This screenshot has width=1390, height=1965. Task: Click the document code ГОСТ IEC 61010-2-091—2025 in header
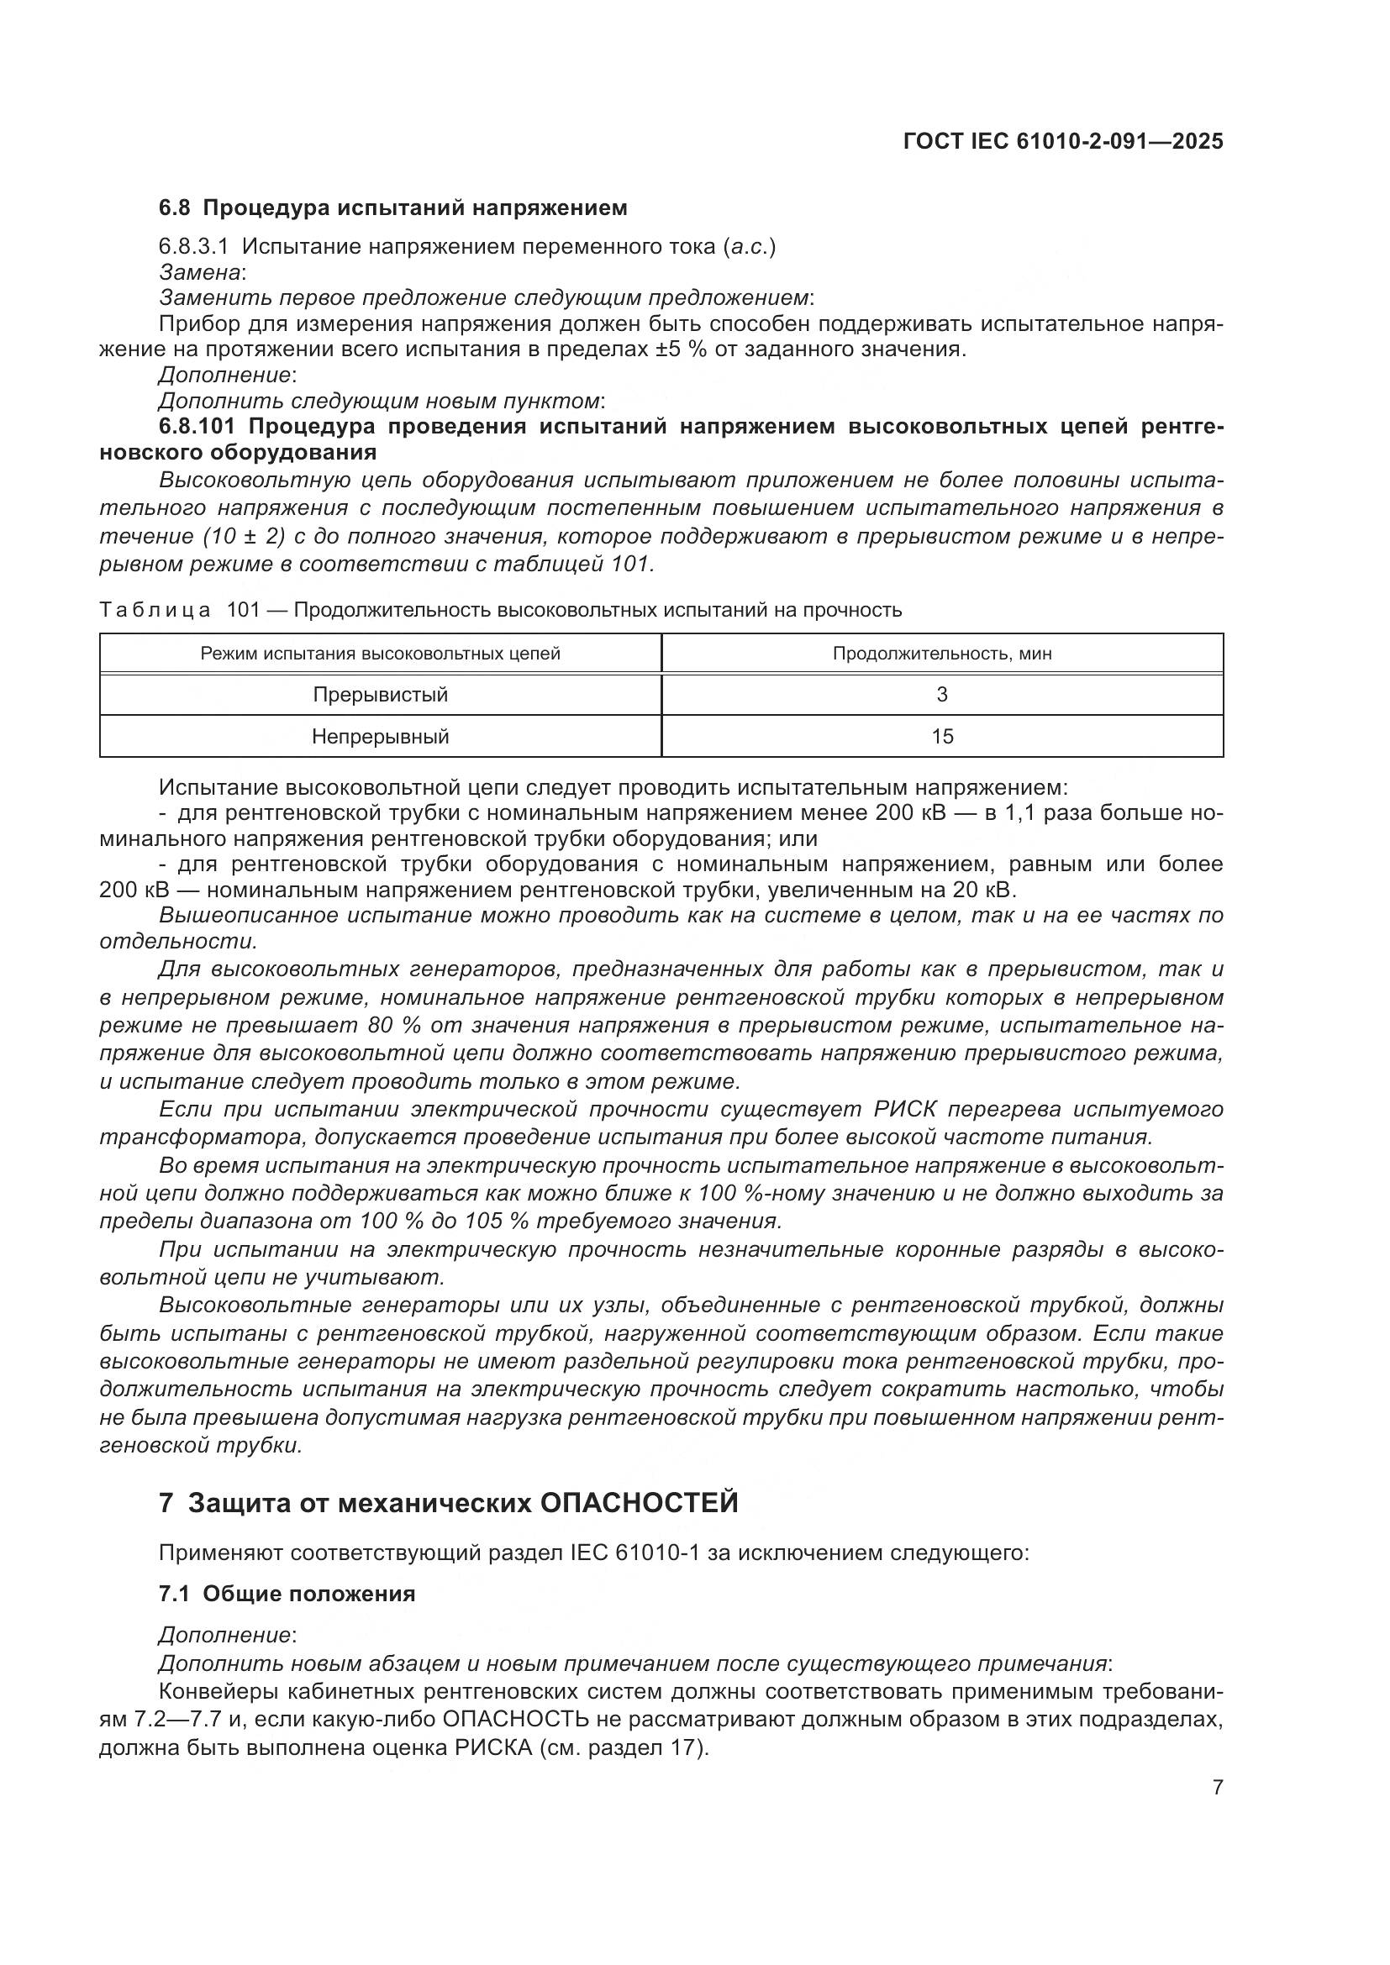(1062, 141)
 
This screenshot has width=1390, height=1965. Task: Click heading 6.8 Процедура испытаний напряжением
(392, 208)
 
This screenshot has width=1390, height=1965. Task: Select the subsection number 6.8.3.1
(193, 247)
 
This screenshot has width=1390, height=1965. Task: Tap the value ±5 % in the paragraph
(681, 349)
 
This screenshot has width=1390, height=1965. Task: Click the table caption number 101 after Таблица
(241, 609)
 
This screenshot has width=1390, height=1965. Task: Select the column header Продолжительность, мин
(941, 654)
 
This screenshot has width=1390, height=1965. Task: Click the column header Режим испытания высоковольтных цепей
(380, 654)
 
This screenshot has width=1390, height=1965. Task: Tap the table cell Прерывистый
(380, 694)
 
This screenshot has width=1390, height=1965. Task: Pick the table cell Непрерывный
(380, 736)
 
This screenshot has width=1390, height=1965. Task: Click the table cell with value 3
(941, 694)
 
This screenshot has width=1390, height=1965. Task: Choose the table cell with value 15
(941, 736)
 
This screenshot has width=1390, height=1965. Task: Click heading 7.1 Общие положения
(287, 1594)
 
